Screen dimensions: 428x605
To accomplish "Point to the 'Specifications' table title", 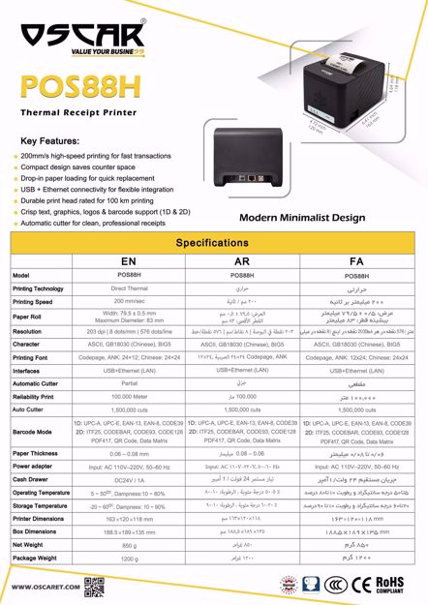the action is tap(214, 243).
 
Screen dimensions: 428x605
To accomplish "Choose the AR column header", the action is tap(237, 261).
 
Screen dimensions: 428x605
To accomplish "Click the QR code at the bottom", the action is tap(94, 586).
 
